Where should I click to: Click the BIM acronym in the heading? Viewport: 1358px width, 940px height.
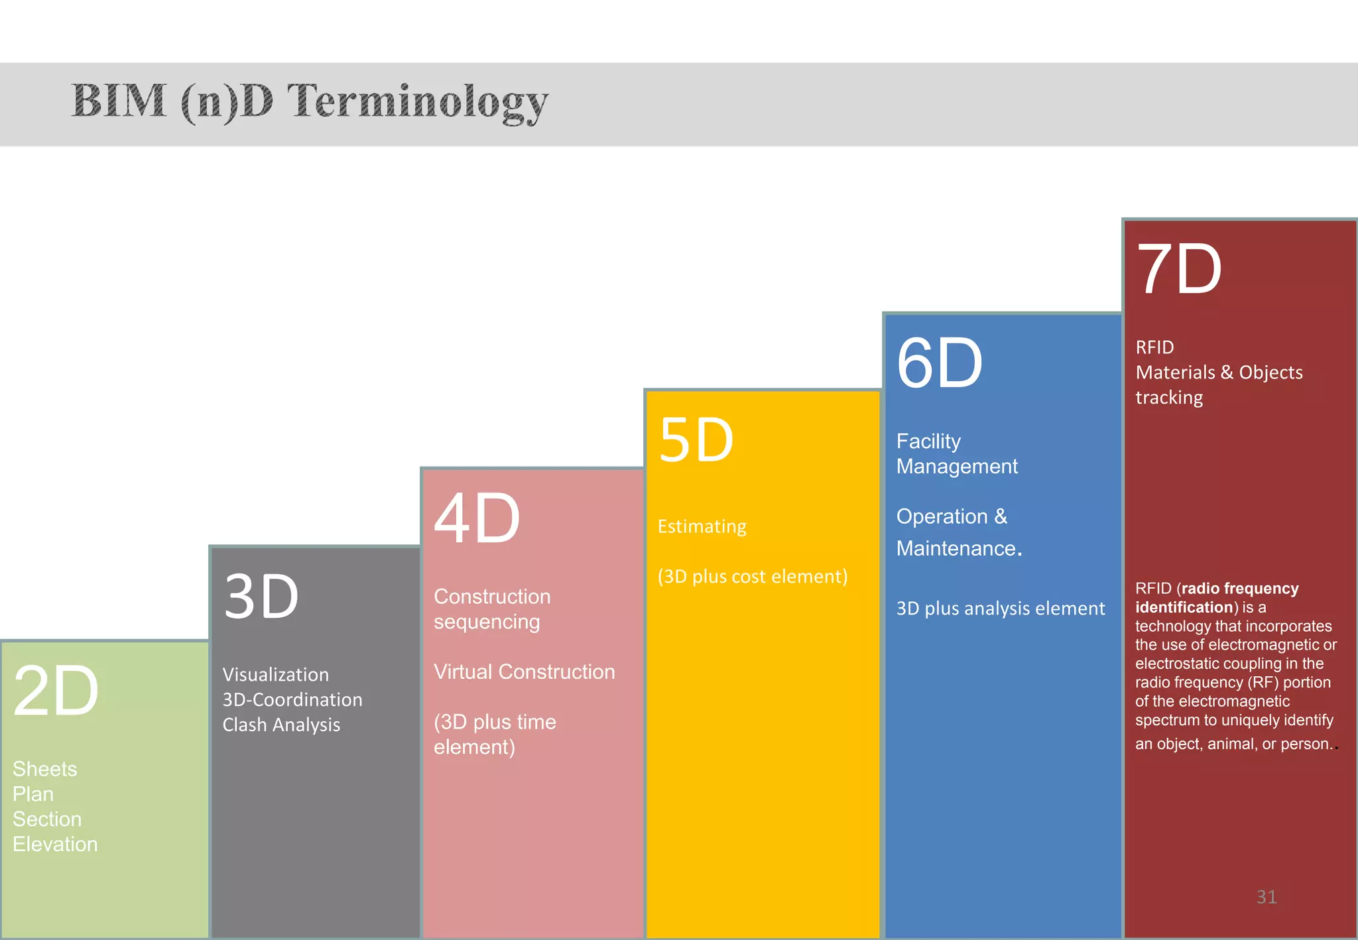point(119,101)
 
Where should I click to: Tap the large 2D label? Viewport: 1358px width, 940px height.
point(56,691)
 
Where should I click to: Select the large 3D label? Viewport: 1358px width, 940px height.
point(261,597)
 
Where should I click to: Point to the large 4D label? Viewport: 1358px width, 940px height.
point(477,518)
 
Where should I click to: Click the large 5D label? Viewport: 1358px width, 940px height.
point(696,440)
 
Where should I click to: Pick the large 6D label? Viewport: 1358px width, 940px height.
point(939,363)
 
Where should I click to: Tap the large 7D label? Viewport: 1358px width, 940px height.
point(1179,269)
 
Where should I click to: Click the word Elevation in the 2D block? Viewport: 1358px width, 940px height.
point(55,844)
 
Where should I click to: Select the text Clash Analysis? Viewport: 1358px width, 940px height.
point(281,725)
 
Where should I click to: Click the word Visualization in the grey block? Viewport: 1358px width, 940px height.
point(275,674)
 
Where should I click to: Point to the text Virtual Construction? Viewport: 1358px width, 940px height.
point(524,672)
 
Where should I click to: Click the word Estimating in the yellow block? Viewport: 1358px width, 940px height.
point(702,526)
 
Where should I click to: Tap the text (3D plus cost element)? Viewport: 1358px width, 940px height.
point(753,576)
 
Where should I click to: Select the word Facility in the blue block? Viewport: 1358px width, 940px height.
point(928,441)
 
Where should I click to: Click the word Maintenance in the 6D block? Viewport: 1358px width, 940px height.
point(956,548)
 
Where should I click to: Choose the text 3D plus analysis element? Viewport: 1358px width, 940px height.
point(1000,608)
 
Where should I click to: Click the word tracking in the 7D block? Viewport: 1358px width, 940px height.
point(1168,398)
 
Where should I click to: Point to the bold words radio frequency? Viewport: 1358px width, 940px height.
point(1239,588)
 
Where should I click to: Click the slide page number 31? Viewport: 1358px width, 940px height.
point(1266,896)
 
